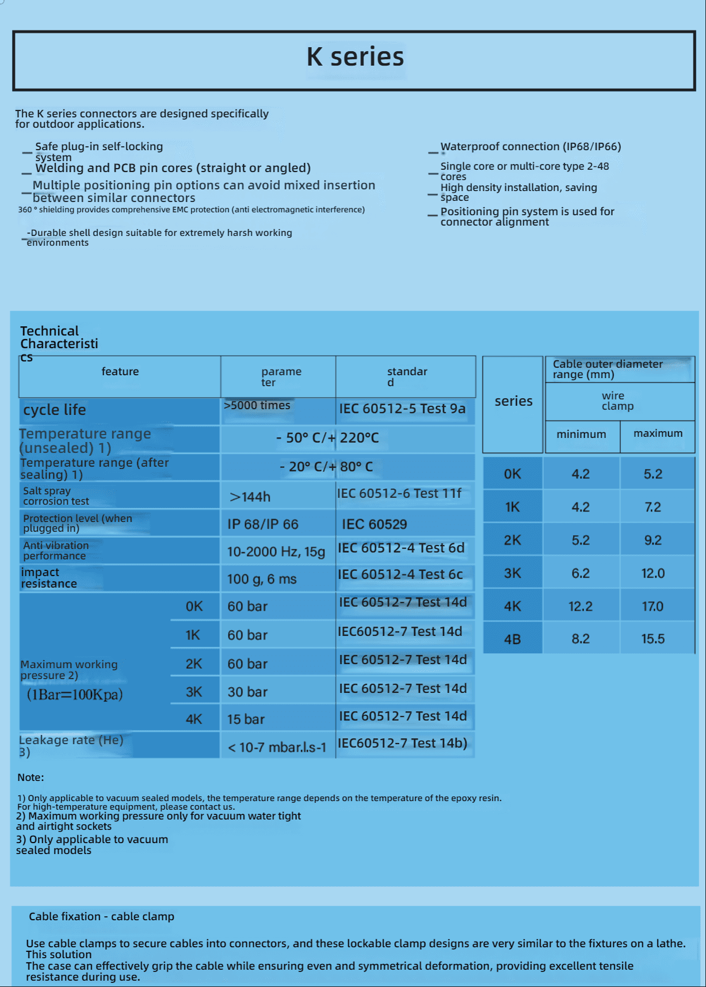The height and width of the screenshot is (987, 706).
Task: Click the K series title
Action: [x=355, y=57]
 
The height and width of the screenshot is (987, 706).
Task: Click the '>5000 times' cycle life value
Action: [x=257, y=405]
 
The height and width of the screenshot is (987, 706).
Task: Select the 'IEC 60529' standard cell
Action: [x=375, y=524]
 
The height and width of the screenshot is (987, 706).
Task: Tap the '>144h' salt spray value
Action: [x=250, y=497]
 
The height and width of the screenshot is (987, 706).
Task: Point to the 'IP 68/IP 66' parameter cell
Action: [x=263, y=524]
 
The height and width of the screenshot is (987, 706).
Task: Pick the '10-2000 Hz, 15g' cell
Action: [x=276, y=552]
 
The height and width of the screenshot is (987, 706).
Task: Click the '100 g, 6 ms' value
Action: [x=262, y=579]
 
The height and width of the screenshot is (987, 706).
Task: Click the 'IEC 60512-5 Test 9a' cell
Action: [x=402, y=409]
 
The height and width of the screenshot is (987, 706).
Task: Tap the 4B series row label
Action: [x=513, y=639]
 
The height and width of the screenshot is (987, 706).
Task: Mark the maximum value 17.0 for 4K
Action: [x=652, y=607]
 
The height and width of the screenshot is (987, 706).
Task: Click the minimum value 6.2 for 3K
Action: [x=581, y=573]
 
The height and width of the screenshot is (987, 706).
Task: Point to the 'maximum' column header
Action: [x=658, y=433]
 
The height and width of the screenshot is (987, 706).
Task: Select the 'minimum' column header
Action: [x=581, y=434]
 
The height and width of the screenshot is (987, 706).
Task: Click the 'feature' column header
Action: [x=120, y=372]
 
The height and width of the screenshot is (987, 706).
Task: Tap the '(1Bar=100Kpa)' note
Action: [x=75, y=694]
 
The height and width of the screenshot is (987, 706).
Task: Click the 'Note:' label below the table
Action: [x=30, y=778]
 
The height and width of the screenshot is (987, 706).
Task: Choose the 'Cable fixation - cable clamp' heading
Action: [x=101, y=916]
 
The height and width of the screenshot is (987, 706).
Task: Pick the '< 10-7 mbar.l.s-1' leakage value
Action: [x=277, y=748]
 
